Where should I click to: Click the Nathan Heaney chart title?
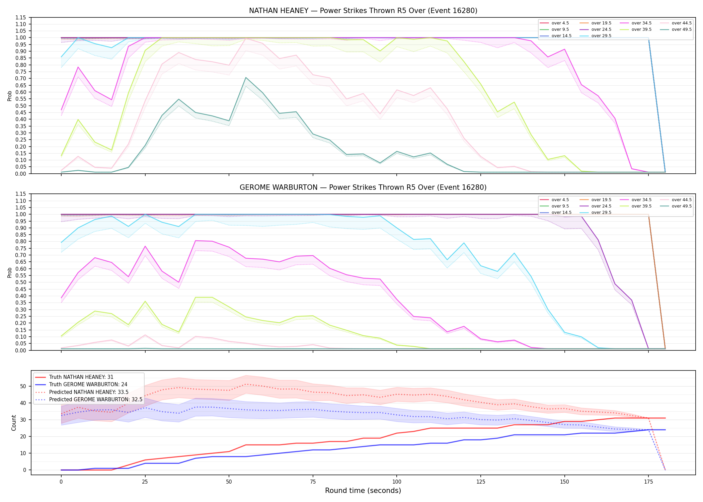click(x=363, y=11)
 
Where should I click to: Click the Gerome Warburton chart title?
click(x=363, y=187)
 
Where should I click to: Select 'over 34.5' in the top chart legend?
click(x=641, y=23)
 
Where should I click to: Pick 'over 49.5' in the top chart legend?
click(x=682, y=29)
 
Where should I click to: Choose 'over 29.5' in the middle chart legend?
click(x=601, y=213)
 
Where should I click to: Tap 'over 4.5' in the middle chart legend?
click(x=560, y=200)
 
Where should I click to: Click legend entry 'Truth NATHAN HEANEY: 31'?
click(x=81, y=377)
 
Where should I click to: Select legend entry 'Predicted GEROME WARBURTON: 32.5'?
click(x=96, y=400)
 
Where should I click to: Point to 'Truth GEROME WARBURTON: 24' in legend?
click(x=88, y=385)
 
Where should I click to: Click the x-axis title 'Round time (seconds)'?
click(x=363, y=491)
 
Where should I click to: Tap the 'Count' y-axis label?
click(x=14, y=423)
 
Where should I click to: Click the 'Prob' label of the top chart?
click(x=10, y=96)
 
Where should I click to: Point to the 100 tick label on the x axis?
click(x=396, y=482)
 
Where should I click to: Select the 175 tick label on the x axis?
click(x=648, y=482)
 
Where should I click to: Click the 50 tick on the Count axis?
click(x=23, y=386)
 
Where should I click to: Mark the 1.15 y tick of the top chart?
click(x=21, y=17)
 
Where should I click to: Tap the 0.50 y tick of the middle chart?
click(x=21, y=282)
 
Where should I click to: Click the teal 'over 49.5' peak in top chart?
click(x=246, y=78)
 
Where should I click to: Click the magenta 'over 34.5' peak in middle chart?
click(x=196, y=241)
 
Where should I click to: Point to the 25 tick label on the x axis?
click(x=145, y=482)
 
